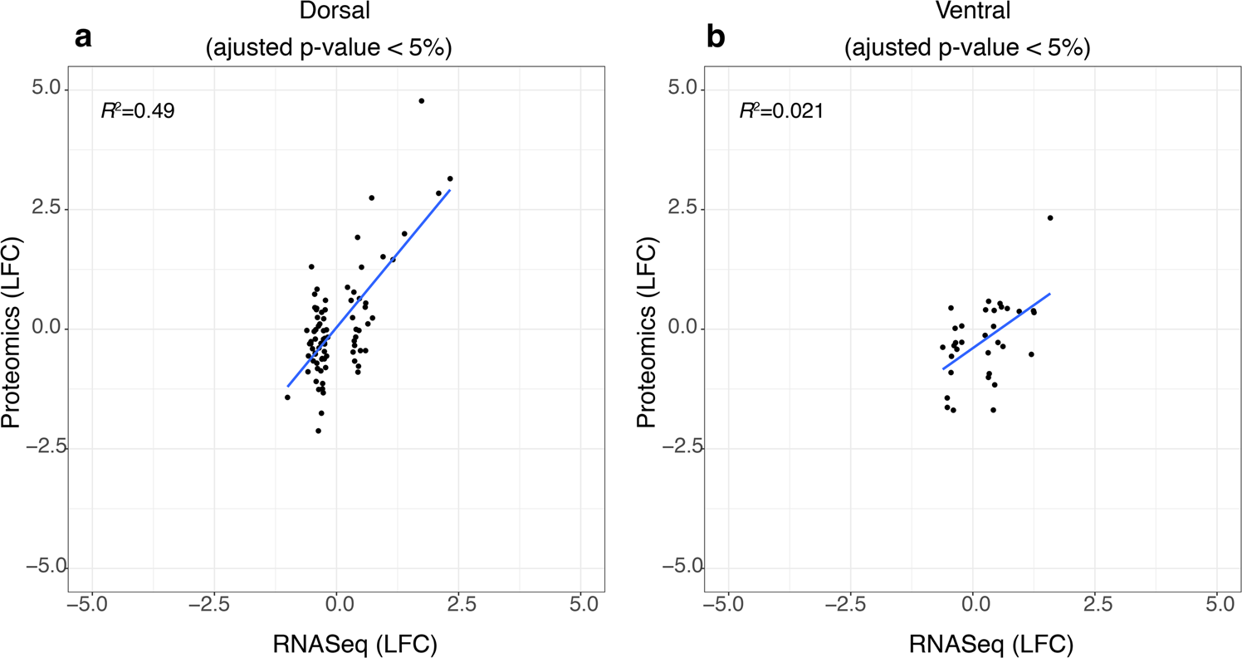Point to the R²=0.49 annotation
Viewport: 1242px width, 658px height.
coord(137,111)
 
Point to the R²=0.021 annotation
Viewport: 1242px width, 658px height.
coord(781,111)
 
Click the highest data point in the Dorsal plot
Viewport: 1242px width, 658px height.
coord(421,101)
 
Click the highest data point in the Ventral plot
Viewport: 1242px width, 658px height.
coord(1050,217)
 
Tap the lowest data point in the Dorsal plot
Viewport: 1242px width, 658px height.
coord(318,431)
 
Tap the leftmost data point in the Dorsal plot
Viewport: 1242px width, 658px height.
coord(287,397)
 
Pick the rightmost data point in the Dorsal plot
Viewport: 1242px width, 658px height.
coord(450,178)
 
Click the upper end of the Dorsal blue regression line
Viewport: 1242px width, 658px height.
coord(449,190)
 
